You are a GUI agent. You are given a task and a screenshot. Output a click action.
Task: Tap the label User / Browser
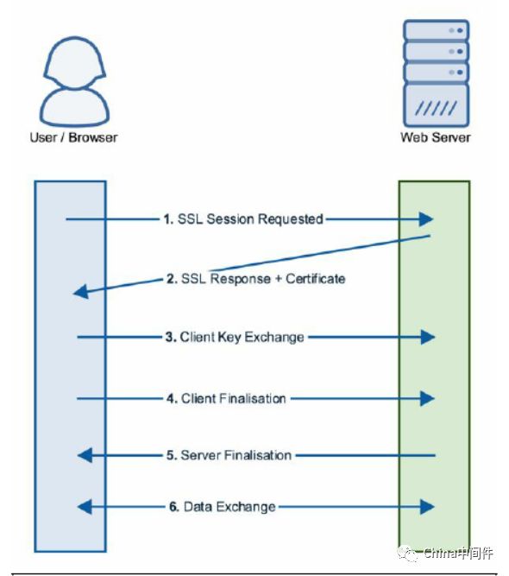(73, 137)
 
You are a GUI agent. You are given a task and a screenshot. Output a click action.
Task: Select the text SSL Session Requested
(250, 219)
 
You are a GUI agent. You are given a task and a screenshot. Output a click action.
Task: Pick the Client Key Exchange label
(242, 337)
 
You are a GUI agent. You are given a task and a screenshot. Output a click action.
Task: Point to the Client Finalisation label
(233, 398)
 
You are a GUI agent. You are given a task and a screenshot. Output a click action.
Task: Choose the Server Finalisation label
(236, 454)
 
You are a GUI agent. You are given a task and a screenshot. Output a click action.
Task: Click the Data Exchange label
(229, 506)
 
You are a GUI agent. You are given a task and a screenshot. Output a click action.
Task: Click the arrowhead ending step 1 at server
(426, 219)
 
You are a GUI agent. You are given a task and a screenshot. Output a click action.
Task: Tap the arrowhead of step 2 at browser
(80, 293)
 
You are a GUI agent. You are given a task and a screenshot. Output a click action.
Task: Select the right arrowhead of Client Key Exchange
(427, 337)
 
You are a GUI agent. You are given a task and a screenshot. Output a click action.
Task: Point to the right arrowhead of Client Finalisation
(427, 398)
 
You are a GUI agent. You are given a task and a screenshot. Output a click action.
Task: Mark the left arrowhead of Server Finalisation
(84, 454)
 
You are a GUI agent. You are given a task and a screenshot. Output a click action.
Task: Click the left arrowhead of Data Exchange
(84, 506)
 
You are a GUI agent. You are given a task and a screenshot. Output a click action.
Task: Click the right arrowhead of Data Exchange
(427, 506)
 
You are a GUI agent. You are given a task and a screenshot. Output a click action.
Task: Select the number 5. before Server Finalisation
(172, 454)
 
